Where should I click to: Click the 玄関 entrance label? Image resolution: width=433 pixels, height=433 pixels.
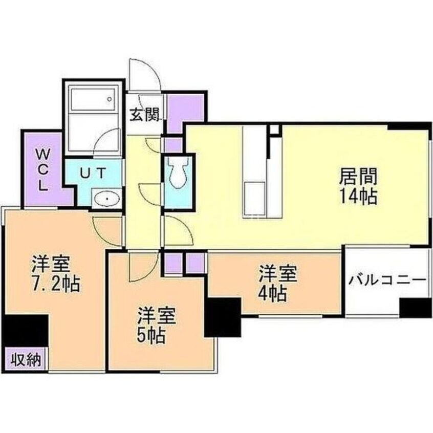145,115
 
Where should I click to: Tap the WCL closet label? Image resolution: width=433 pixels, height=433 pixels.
42,169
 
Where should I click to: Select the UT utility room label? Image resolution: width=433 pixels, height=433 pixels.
93,173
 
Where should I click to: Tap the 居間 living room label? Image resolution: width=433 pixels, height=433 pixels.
358,177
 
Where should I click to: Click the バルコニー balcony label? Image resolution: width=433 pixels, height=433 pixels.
388,280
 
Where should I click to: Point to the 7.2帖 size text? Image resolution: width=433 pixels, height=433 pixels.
55,285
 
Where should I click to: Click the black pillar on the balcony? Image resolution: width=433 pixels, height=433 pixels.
416,308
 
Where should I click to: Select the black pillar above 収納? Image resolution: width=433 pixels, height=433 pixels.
26,331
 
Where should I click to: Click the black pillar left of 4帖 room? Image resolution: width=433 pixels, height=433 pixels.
223,317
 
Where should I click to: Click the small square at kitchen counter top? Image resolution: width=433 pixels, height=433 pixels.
275,129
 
